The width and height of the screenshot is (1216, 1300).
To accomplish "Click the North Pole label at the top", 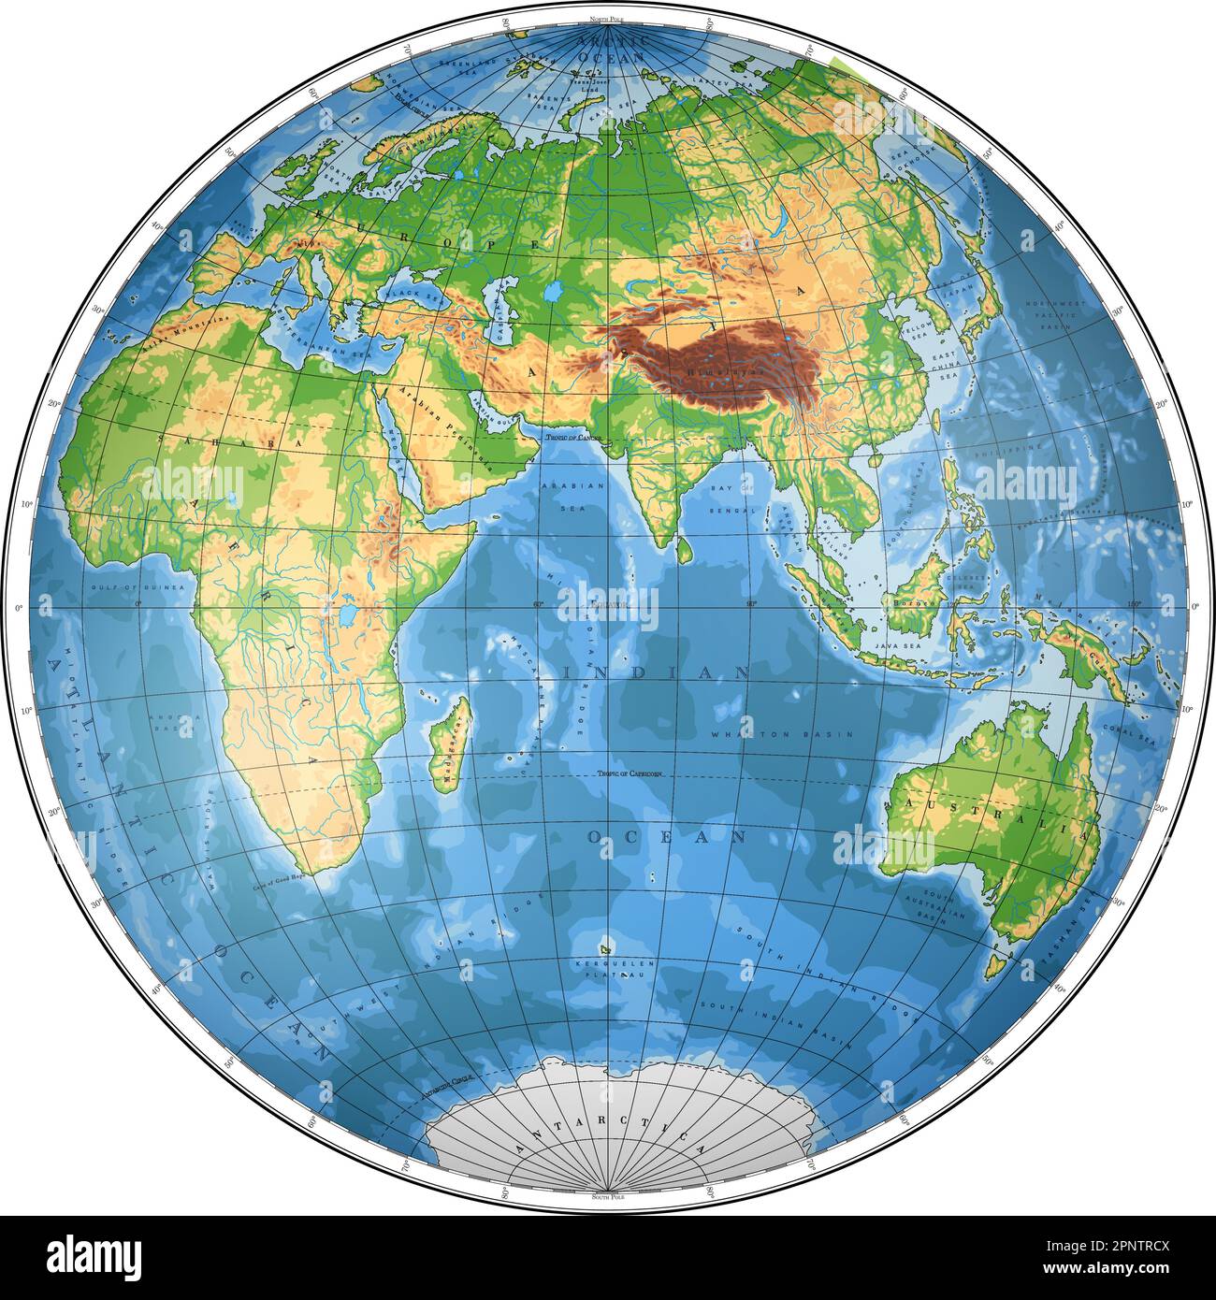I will (607, 20).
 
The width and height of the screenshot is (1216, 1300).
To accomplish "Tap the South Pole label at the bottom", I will (607, 1196).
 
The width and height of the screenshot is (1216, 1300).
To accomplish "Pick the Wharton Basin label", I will (782, 735).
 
